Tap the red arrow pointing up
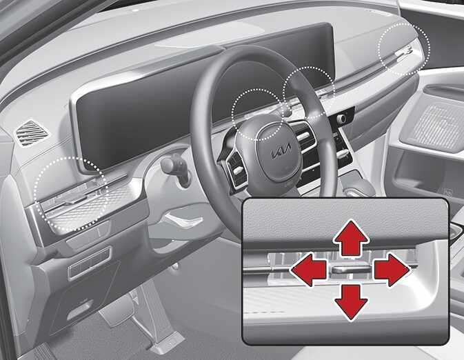pyautogui.click(x=351, y=238)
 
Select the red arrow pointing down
pyautogui.click(x=351, y=303)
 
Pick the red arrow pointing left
pyautogui.click(x=309, y=270)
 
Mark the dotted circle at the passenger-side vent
pyautogui.click(x=404, y=50)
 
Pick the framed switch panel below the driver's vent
pyautogui.click(x=89, y=264)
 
